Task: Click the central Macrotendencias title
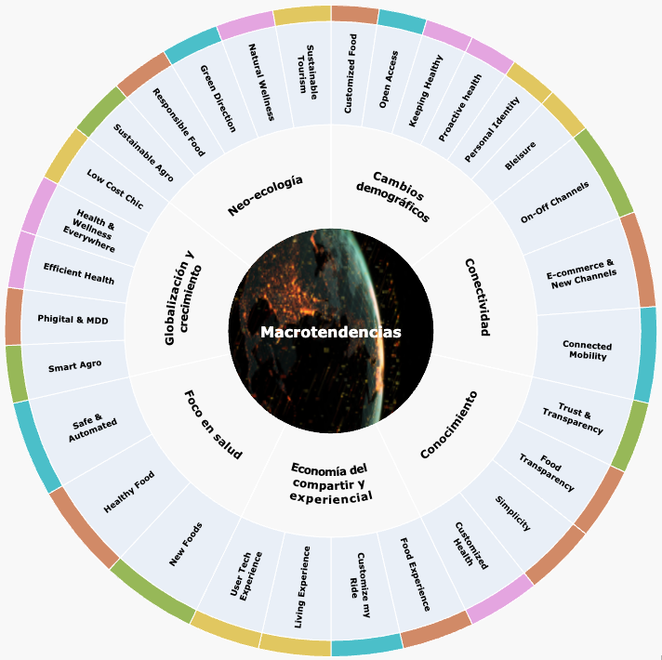coord(330,332)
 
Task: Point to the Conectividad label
coord(475,297)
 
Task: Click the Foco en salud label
coord(213,425)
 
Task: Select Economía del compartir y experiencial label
coord(331,482)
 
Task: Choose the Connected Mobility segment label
coord(587,350)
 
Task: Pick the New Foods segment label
coord(186,544)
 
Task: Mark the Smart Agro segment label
coord(75,366)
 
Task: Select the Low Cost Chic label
coord(114,188)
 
